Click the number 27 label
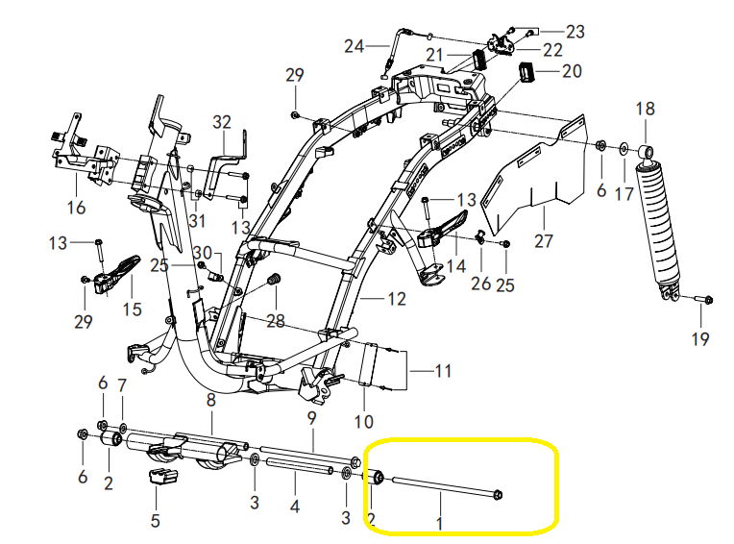[x=544, y=239]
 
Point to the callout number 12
[x=396, y=299]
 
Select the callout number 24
[x=355, y=46]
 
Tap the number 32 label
[x=222, y=122]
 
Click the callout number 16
[x=76, y=207]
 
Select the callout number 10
[x=364, y=421]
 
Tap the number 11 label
[x=442, y=371]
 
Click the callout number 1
[x=440, y=525]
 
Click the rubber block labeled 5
[x=159, y=480]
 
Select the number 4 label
[x=294, y=505]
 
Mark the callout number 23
[x=575, y=31]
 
